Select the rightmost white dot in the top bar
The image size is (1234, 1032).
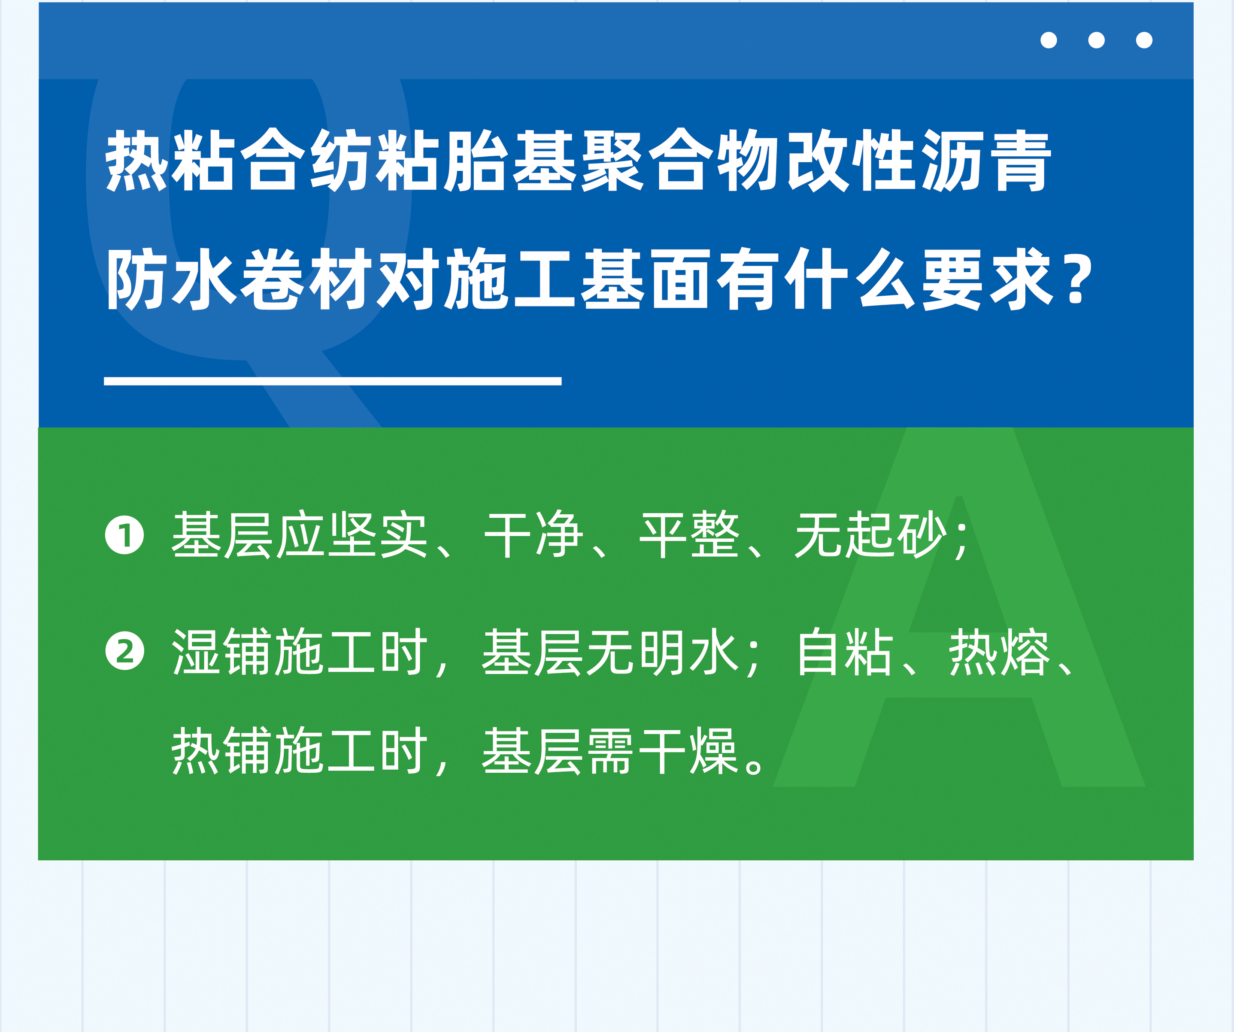1144,40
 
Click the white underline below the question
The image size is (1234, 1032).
333,381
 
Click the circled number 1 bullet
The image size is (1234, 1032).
124,535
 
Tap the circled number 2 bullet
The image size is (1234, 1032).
124,651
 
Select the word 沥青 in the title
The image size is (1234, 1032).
985,161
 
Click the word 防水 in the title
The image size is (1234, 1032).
171,279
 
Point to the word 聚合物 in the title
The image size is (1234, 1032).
679,161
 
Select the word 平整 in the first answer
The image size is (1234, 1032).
689,535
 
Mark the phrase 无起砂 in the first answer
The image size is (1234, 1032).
871,535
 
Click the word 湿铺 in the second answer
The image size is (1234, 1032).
222,652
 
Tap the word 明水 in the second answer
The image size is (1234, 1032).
689,652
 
